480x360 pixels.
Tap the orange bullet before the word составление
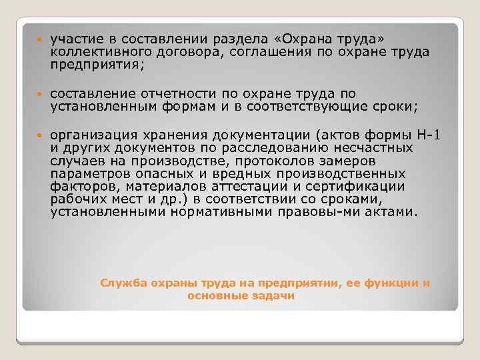[40, 95]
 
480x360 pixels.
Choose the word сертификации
[352, 186]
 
